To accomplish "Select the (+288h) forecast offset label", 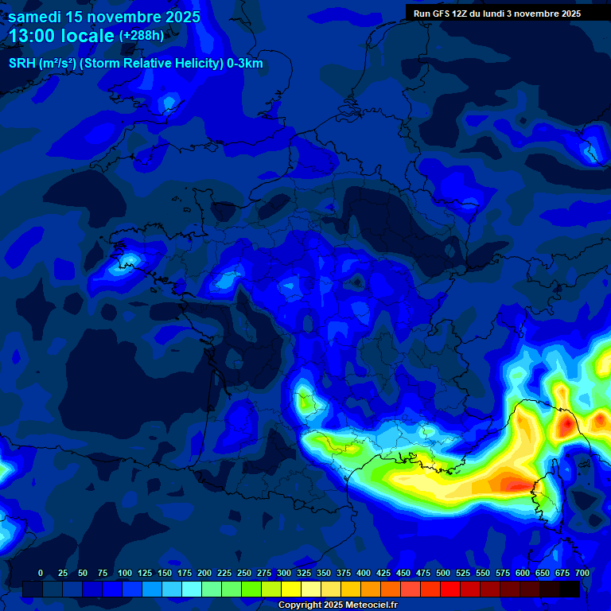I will [141, 36].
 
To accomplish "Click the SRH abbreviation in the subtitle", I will [22, 64].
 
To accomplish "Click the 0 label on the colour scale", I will [41, 574].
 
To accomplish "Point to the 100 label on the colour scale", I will [125, 574].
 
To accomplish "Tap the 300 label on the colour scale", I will [284, 574].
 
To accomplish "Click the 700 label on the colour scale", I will [582, 574].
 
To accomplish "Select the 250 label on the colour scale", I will [244, 574].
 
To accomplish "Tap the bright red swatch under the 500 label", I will [450, 589].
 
